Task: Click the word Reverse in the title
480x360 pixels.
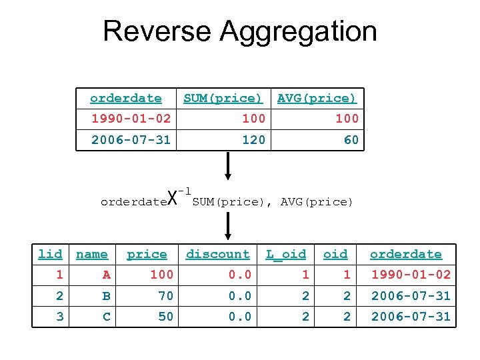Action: (x=157, y=31)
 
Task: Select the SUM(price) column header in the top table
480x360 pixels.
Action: (x=223, y=98)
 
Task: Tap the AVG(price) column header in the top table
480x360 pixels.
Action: (x=317, y=98)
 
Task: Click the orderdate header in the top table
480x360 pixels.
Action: (x=125, y=98)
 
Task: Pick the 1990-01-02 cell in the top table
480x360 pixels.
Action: (x=131, y=119)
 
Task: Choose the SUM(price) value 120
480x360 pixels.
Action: (x=253, y=140)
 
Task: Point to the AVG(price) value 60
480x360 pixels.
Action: (x=351, y=140)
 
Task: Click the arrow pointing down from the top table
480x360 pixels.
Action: (x=228, y=166)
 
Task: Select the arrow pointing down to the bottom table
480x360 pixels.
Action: (x=228, y=226)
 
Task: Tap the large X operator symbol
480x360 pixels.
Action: (x=172, y=198)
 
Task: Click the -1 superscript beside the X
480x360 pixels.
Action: (x=185, y=190)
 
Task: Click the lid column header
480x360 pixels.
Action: (x=50, y=254)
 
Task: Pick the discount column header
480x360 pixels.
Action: (x=217, y=254)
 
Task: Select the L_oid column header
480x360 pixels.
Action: (x=286, y=254)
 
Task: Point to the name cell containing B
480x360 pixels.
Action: (x=106, y=296)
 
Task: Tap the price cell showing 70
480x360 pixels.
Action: (x=165, y=296)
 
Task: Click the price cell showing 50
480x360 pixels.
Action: (x=165, y=317)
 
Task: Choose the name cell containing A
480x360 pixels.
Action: (x=106, y=275)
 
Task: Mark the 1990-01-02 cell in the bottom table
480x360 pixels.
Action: (x=411, y=275)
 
